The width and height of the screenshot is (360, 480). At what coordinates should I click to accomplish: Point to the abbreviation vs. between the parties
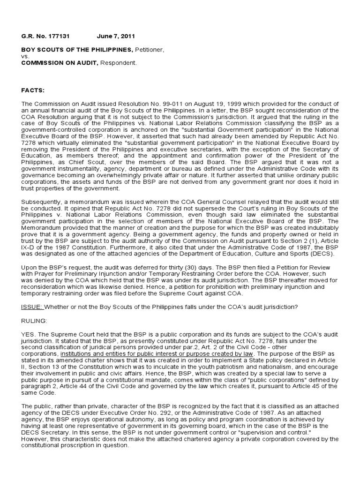(25, 56)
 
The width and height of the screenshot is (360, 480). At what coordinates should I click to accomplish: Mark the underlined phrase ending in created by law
(157, 352)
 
